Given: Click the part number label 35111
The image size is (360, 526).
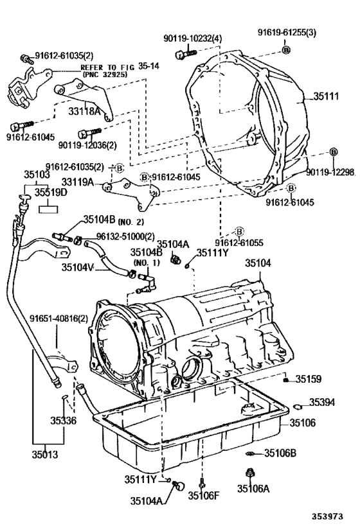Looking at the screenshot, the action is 326,96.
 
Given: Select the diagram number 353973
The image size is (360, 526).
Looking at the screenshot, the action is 327,516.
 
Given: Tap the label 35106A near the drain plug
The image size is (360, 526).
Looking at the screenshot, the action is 253,489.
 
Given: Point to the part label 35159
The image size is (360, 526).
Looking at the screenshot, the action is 309,379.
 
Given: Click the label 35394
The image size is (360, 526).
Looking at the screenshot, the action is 322,402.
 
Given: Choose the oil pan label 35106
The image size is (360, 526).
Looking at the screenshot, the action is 303,423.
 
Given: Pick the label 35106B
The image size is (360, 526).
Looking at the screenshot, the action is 280,453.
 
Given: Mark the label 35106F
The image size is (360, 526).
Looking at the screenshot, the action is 203,495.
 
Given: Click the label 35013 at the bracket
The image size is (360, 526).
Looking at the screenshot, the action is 45,455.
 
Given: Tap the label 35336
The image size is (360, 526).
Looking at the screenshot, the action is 64,420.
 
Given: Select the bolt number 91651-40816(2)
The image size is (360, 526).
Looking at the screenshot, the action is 59,319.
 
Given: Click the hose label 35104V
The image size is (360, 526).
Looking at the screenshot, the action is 78,267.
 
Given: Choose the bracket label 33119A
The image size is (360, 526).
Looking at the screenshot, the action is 78,182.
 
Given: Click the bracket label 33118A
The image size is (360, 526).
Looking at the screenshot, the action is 85,111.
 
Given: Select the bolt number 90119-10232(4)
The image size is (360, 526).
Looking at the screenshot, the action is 193,39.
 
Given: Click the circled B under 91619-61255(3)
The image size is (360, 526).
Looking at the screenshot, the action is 286,50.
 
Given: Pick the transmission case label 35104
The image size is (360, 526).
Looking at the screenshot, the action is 258,263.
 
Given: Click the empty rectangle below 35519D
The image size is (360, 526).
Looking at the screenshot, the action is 49,209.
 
